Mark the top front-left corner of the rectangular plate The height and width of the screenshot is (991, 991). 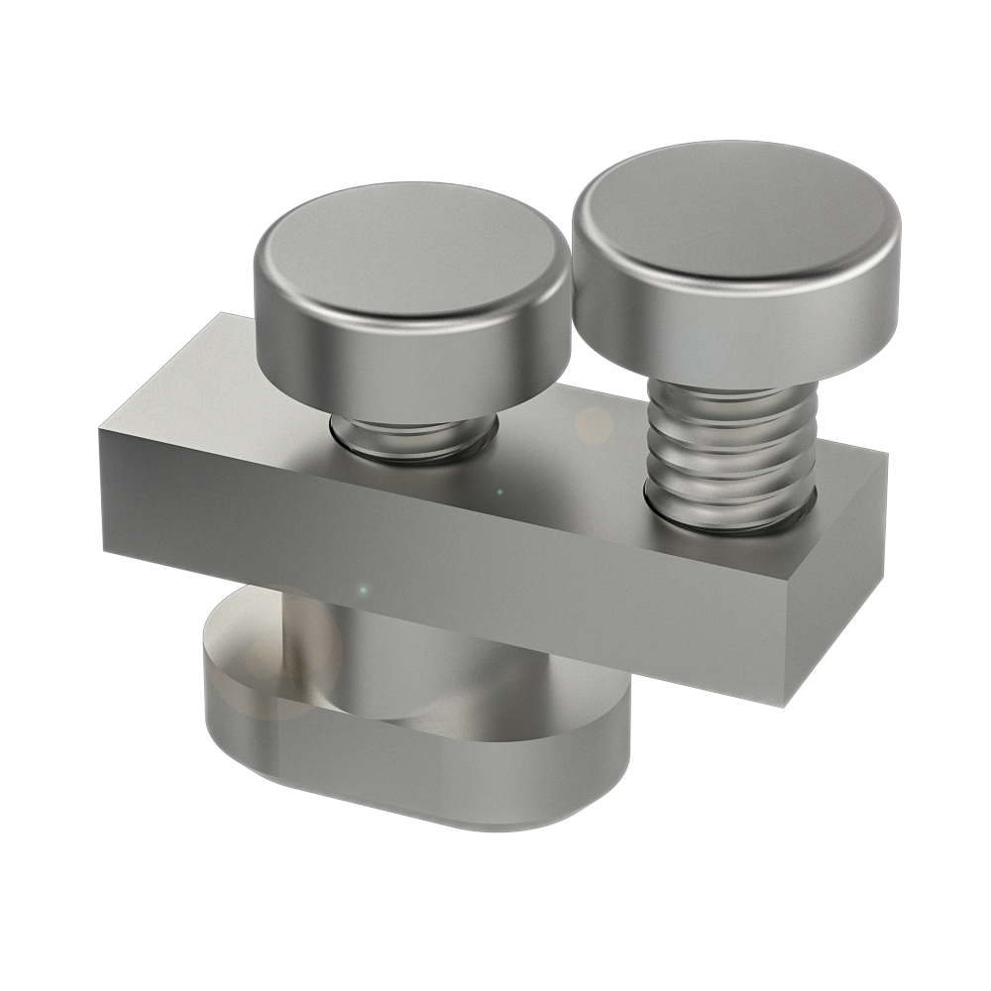click(x=100, y=426)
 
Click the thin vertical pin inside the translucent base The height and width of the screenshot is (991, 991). click(x=289, y=634)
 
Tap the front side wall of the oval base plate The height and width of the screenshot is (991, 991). click(x=416, y=783)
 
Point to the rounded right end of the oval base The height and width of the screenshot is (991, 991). click(x=614, y=753)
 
